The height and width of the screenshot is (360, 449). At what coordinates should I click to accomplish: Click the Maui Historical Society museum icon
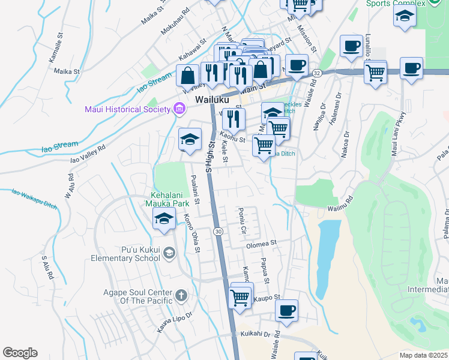(178, 109)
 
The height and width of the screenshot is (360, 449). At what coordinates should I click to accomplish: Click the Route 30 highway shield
(218, 231)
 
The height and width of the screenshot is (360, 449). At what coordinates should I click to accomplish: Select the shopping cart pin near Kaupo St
(240, 296)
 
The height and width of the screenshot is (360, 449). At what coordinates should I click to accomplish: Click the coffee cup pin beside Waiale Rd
(287, 311)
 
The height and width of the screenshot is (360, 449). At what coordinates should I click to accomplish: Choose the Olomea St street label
(260, 244)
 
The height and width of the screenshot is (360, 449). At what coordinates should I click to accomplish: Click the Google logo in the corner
(20, 353)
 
